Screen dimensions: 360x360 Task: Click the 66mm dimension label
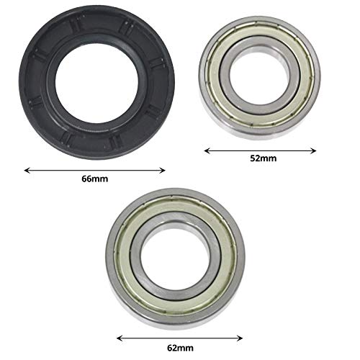[96, 179]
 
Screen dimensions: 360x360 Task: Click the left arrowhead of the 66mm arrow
[27, 171]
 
